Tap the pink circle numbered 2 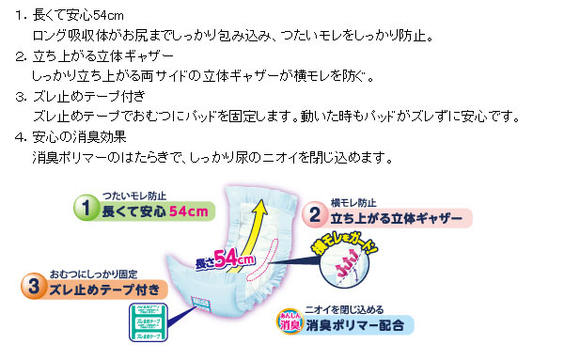(x=314, y=215)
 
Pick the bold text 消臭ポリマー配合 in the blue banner (x=358, y=329)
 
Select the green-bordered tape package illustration (x=140, y=325)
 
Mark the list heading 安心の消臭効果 (x=80, y=136)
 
